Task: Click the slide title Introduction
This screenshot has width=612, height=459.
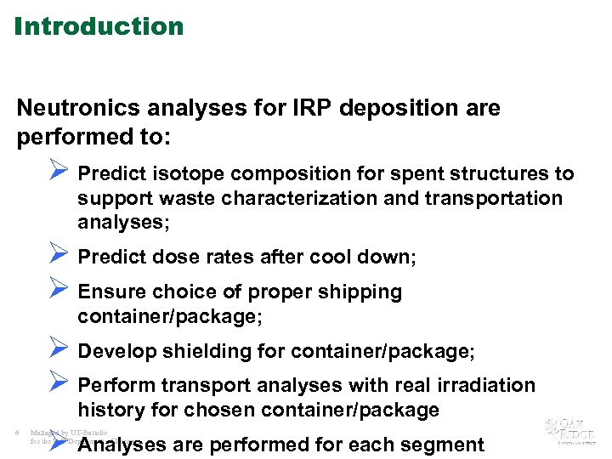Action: click(99, 26)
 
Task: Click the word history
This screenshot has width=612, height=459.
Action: click(107, 411)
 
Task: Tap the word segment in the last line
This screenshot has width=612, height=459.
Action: click(445, 445)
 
